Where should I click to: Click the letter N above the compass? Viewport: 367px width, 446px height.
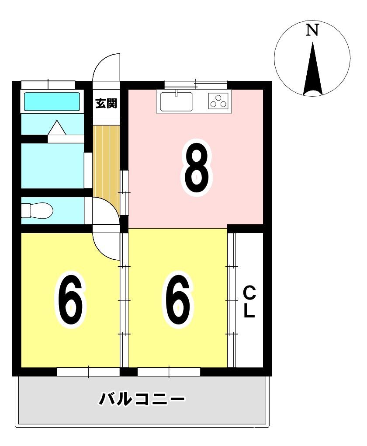312,30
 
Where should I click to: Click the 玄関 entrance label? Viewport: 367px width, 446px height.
106,103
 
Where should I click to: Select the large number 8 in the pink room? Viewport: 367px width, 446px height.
197,168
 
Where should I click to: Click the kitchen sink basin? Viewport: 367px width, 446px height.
176,101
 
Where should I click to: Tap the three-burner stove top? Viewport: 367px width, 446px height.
218,101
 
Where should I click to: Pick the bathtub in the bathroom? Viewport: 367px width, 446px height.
52,101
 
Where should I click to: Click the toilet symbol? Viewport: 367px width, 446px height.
37,211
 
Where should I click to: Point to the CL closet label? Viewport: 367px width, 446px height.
249,302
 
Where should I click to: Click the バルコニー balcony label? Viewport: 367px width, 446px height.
141,399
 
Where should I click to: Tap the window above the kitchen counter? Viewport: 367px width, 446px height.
196,84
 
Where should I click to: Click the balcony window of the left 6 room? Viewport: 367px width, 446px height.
88,372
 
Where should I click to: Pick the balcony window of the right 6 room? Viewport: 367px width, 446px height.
169,372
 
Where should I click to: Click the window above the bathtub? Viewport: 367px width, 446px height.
48,85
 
